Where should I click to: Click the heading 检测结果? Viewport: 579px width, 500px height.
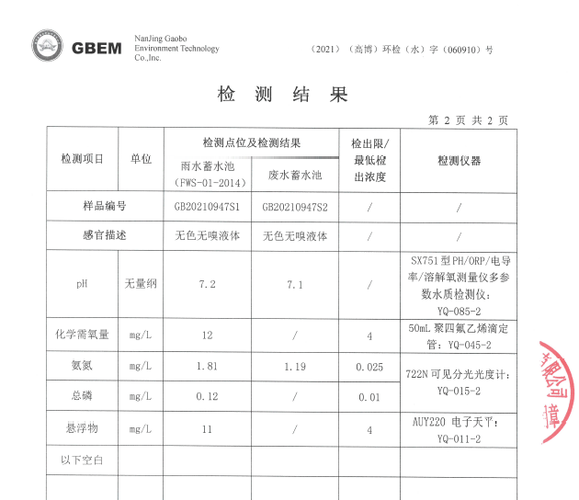click(x=283, y=95)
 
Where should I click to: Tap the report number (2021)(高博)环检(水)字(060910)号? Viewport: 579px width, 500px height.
click(x=402, y=50)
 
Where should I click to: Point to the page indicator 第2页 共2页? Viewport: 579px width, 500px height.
click(x=468, y=120)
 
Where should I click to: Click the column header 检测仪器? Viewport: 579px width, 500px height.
click(x=459, y=161)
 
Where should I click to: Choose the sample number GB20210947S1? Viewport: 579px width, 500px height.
click(x=207, y=207)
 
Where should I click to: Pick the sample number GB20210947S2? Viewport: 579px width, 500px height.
click(x=295, y=207)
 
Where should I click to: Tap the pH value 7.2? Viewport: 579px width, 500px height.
click(x=207, y=284)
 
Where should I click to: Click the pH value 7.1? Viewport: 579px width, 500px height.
click(x=295, y=284)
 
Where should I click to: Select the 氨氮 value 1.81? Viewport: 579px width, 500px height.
click(x=207, y=367)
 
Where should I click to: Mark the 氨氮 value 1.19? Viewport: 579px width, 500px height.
click(x=295, y=367)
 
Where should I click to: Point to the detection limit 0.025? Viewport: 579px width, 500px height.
click(x=369, y=367)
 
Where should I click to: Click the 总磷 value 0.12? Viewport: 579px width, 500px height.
click(x=207, y=397)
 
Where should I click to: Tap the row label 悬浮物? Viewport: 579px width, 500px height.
click(x=83, y=428)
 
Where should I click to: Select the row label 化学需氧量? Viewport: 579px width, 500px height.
click(x=83, y=335)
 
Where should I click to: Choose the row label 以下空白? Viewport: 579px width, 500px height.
click(x=83, y=458)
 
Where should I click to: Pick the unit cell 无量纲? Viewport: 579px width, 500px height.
click(x=141, y=284)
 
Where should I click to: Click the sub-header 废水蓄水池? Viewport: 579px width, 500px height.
click(x=295, y=174)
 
